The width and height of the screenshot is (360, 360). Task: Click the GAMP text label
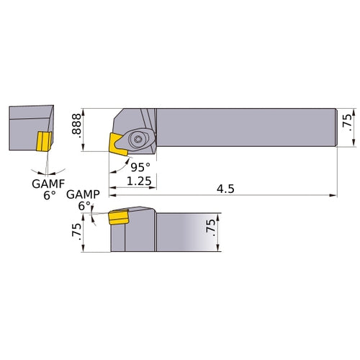79,194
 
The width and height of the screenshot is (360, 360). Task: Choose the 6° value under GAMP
85,206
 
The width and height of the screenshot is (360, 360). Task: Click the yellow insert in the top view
115,142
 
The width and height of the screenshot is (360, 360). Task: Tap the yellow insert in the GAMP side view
118,217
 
